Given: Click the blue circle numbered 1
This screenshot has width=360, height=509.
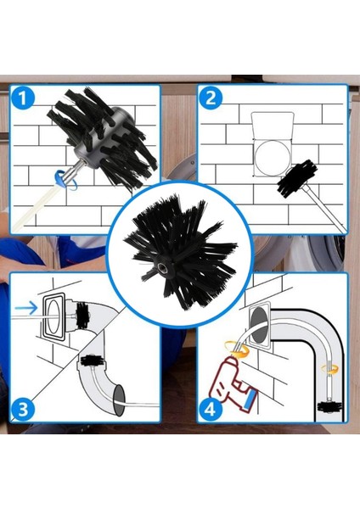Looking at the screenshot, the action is click(22, 98).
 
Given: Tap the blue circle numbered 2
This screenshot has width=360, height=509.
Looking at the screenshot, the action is click(211, 98).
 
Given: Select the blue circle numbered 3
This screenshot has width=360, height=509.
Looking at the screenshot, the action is click(22, 410).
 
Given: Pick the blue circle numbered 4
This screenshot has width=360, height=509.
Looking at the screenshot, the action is click(211, 410).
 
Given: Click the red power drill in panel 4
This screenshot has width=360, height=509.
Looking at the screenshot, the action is click(233, 384).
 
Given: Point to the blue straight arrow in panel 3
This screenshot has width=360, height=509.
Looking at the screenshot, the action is click(26, 307).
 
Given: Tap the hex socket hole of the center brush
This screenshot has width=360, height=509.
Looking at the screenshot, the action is click(161, 266).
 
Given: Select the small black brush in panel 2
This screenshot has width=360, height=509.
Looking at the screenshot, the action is click(297, 178).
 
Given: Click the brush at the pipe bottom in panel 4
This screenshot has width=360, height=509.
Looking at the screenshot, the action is click(329, 406).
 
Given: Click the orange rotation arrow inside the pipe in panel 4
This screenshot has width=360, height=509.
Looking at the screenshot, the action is click(329, 369).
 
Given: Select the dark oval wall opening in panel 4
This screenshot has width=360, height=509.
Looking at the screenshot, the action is click(259, 325).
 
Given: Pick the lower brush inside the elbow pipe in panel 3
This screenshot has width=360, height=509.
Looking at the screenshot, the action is click(92, 361).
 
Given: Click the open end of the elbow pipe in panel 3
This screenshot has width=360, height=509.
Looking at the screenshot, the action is click(119, 400).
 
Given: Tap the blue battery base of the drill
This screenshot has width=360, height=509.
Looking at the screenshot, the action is click(250, 400).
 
